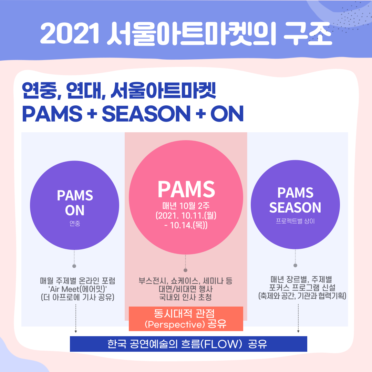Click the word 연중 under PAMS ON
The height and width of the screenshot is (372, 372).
coord(75,224)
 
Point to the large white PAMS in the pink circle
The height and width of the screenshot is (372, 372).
coord(186,189)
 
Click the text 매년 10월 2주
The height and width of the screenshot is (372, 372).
coord(186,206)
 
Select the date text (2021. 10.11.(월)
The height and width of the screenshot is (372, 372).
coord(186,216)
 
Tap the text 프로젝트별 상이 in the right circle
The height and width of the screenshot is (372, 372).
coord(295,221)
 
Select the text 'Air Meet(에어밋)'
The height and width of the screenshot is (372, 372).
coord(77,288)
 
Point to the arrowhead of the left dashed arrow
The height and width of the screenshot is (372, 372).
coord(76,331)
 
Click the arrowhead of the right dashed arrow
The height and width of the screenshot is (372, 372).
coord(298,331)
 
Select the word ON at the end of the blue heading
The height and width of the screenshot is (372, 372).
coord(227,114)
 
